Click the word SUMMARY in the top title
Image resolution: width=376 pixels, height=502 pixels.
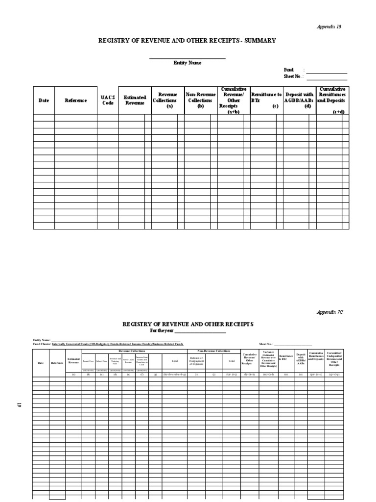(x=259, y=40)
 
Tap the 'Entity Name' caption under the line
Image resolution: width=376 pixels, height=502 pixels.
(x=187, y=63)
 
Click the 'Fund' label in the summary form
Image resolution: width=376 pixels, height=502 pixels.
(x=289, y=70)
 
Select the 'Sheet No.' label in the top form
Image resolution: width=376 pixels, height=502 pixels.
(x=293, y=76)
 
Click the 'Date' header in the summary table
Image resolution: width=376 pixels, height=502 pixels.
(x=44, y=100)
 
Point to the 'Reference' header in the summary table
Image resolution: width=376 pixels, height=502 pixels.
(x=75, y=100)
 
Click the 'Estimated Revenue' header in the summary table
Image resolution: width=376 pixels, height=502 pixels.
(x=134, y=100)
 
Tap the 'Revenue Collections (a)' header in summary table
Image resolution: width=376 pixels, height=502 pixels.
(x=167, y=100)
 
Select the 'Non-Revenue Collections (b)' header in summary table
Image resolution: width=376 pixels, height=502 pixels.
(x=200, y=100)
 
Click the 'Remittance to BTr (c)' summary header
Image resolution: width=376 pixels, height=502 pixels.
(x=266, y=100)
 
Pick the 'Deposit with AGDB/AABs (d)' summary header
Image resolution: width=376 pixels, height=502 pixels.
(x=299, y=100)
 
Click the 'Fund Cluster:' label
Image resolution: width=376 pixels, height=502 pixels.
(x=42, y=344)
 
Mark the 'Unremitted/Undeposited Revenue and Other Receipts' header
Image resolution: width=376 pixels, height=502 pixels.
(x=337, y=359)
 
